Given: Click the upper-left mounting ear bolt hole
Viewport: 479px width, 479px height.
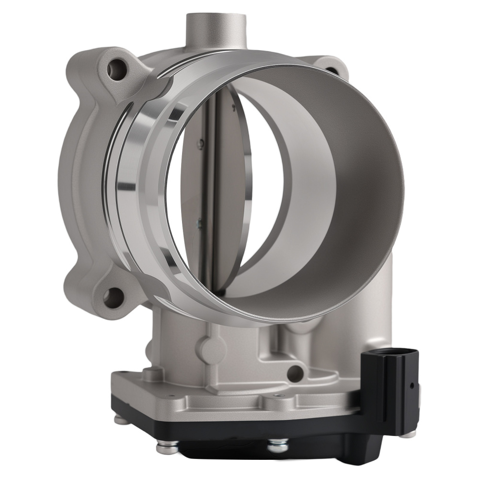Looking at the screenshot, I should point(117,71).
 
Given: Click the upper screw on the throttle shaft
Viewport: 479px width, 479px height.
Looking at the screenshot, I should point(201,142).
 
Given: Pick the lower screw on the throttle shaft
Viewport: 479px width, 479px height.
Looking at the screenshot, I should point(199,222).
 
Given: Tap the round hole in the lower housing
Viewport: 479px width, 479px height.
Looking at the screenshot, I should point(295,374).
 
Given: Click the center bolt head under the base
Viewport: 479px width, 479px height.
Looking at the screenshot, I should point(278,445).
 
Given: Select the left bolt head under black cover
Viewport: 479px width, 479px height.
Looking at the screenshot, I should point(167,447).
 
